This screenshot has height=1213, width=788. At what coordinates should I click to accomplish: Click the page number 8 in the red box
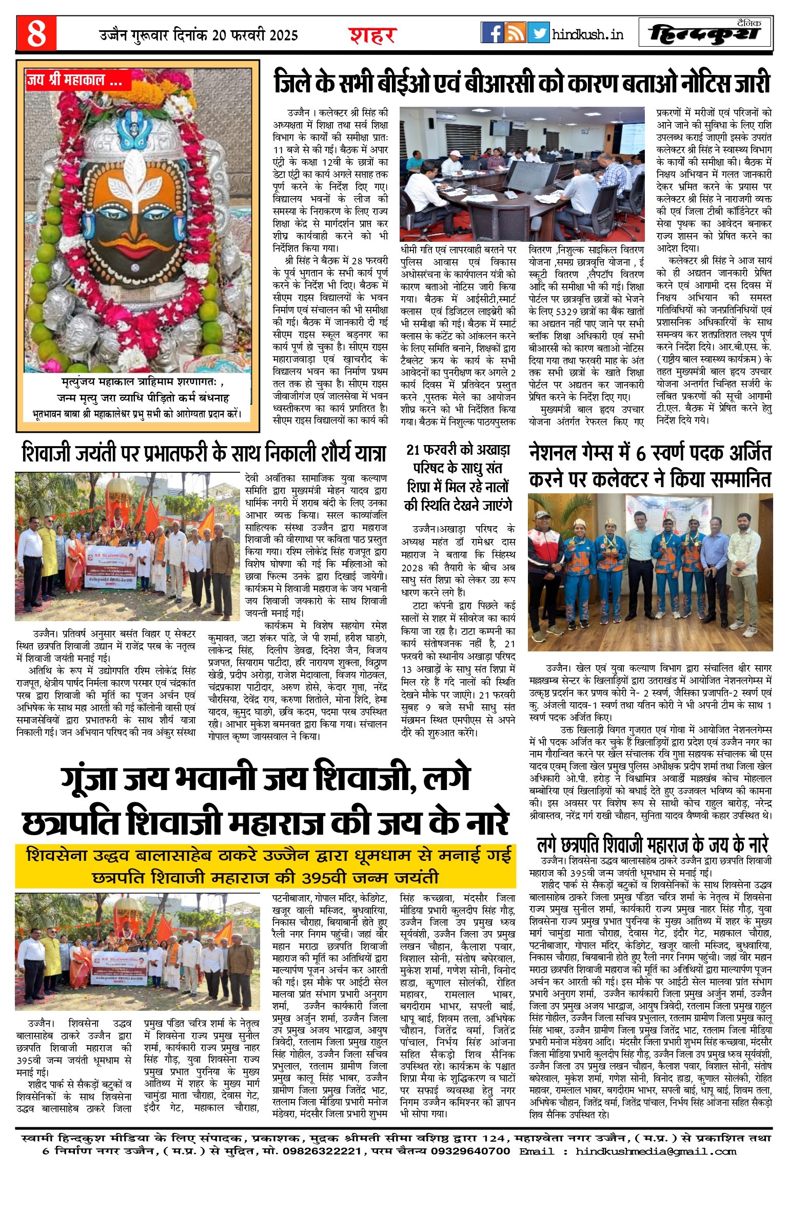click(36, 34)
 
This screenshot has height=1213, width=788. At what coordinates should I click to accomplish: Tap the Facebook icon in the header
click(492, 33)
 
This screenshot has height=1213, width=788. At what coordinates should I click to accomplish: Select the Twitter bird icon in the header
click(538, 33)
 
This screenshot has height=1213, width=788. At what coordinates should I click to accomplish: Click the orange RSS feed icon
click(515, 33)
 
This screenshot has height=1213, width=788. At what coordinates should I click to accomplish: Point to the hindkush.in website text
click(588, 34)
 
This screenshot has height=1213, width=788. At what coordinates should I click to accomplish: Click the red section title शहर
click(373, 36)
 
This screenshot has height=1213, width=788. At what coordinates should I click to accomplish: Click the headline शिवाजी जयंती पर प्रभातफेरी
click(204, 454)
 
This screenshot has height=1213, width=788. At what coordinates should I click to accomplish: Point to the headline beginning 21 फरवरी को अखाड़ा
click(458, 477)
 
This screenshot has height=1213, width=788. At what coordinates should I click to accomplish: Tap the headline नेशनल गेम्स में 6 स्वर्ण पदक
click(650, 466)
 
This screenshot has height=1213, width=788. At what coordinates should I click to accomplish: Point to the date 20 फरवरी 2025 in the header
click(254, 35)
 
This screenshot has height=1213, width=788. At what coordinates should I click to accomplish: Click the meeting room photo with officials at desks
click(522, 174)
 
